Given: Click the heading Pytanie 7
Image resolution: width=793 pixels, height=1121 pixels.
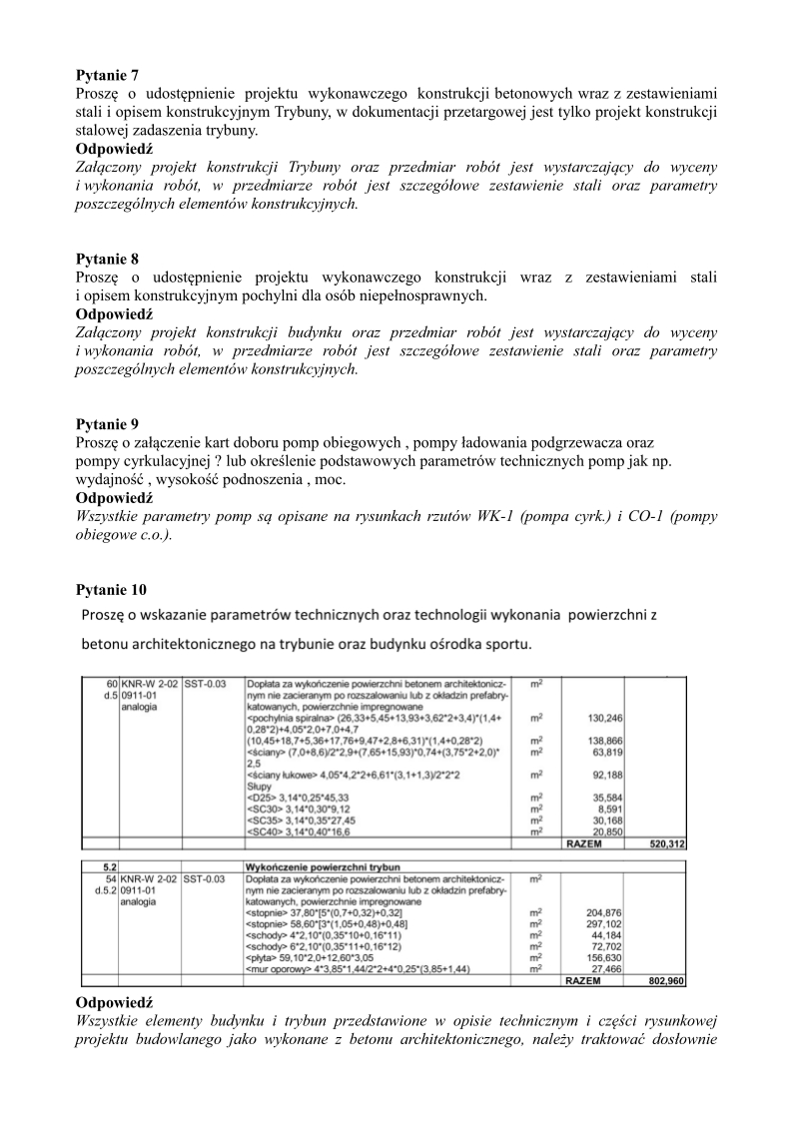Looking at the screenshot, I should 108,75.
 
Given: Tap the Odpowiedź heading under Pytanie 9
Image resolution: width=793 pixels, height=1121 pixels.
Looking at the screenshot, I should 114,497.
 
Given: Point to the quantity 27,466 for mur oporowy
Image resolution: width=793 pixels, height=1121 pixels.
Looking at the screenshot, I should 607,968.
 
